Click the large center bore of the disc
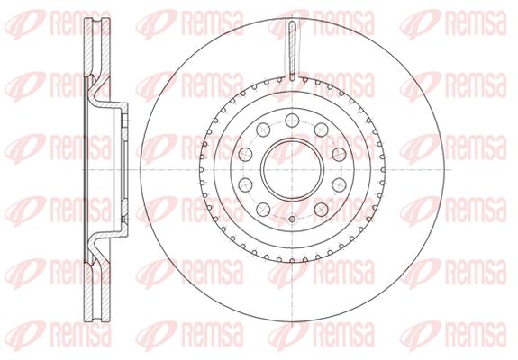point(292,169)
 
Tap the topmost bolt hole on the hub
point(292,120)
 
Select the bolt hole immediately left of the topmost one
point(263,130)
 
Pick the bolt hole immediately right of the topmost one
point(321,130)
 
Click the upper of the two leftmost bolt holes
point(245,155)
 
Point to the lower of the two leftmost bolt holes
point(245,184)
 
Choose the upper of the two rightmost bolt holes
point(339,155)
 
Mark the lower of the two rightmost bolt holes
point(339,184)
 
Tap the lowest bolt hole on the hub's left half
point(263,209)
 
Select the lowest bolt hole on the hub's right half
point(321,209)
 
